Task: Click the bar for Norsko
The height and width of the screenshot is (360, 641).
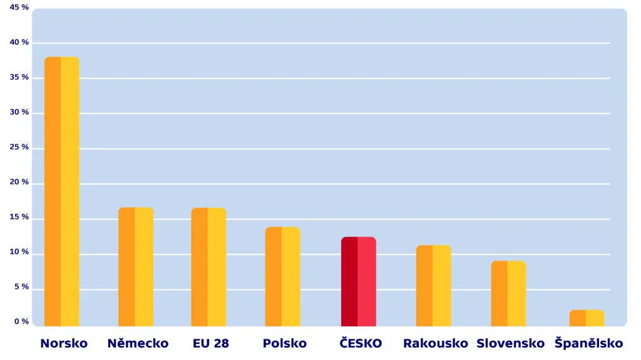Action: [x=61, y=191]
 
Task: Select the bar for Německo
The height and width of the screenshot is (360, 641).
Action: [x=136, y=266]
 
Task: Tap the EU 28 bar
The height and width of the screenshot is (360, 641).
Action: [x=208, y=266]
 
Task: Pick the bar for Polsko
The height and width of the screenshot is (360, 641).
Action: [x=282, y=276]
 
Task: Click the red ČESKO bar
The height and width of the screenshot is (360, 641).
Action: [x=358, y=281]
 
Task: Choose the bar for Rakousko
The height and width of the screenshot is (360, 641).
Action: [x=433, y=285]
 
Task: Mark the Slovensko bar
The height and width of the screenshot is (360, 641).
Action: [x=508, y=293]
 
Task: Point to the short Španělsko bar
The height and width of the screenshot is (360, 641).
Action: [x=587, y=317]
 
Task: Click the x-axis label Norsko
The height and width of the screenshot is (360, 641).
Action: [x=64, y=343]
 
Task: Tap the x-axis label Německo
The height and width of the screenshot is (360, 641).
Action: [x=138, y=343]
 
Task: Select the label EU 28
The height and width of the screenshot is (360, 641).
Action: [x=211, y=343]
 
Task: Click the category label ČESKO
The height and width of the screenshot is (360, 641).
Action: [x=361, y=343]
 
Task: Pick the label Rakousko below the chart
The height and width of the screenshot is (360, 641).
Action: [x=436, y=343]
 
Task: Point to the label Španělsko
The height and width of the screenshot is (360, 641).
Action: [x=588, y=343]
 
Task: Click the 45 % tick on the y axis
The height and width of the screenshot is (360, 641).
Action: [x=19, y=8]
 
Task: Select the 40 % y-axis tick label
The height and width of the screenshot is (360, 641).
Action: [x=19, y=43]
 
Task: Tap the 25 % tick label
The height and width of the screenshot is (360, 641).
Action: [x=19, y=147]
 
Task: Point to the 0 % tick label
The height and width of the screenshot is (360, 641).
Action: [x=21, y=322]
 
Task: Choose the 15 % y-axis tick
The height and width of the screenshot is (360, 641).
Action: [x=19, y=217]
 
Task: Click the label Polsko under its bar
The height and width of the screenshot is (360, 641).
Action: [x=285, y=343]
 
